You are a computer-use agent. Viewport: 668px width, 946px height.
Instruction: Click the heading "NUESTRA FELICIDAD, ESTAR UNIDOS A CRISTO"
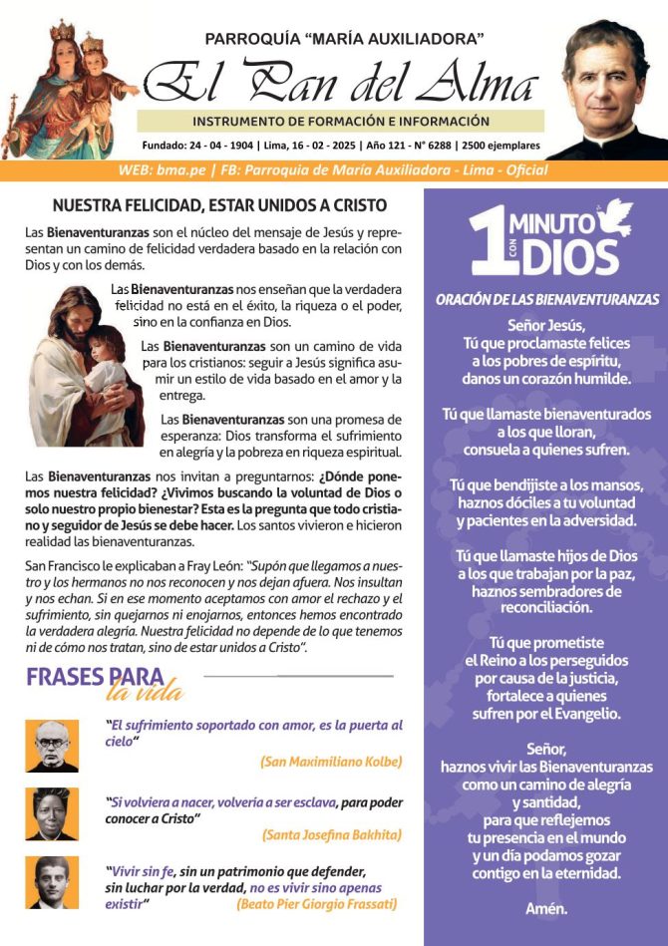pos(218,206)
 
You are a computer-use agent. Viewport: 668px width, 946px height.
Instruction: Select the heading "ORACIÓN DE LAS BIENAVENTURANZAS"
pos(546,299)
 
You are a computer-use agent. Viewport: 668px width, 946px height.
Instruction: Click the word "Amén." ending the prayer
pos(546,908)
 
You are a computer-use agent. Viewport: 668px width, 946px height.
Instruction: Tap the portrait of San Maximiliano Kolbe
pos(52,746)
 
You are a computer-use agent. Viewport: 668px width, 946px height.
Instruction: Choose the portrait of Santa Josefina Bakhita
pos(52,813)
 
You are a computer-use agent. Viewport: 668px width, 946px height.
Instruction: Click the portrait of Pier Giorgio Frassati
pos(52,883)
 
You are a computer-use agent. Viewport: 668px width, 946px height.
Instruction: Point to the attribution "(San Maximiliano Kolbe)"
pos(331,761)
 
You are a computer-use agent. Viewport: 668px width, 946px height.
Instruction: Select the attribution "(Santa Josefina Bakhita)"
pos(331,833)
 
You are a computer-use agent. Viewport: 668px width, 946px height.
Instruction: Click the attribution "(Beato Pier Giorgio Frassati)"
pos(317,904)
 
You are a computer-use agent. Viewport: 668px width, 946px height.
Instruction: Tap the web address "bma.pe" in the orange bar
pos(183,170)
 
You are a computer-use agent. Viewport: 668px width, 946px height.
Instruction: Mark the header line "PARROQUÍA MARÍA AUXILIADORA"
pos(344,39)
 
